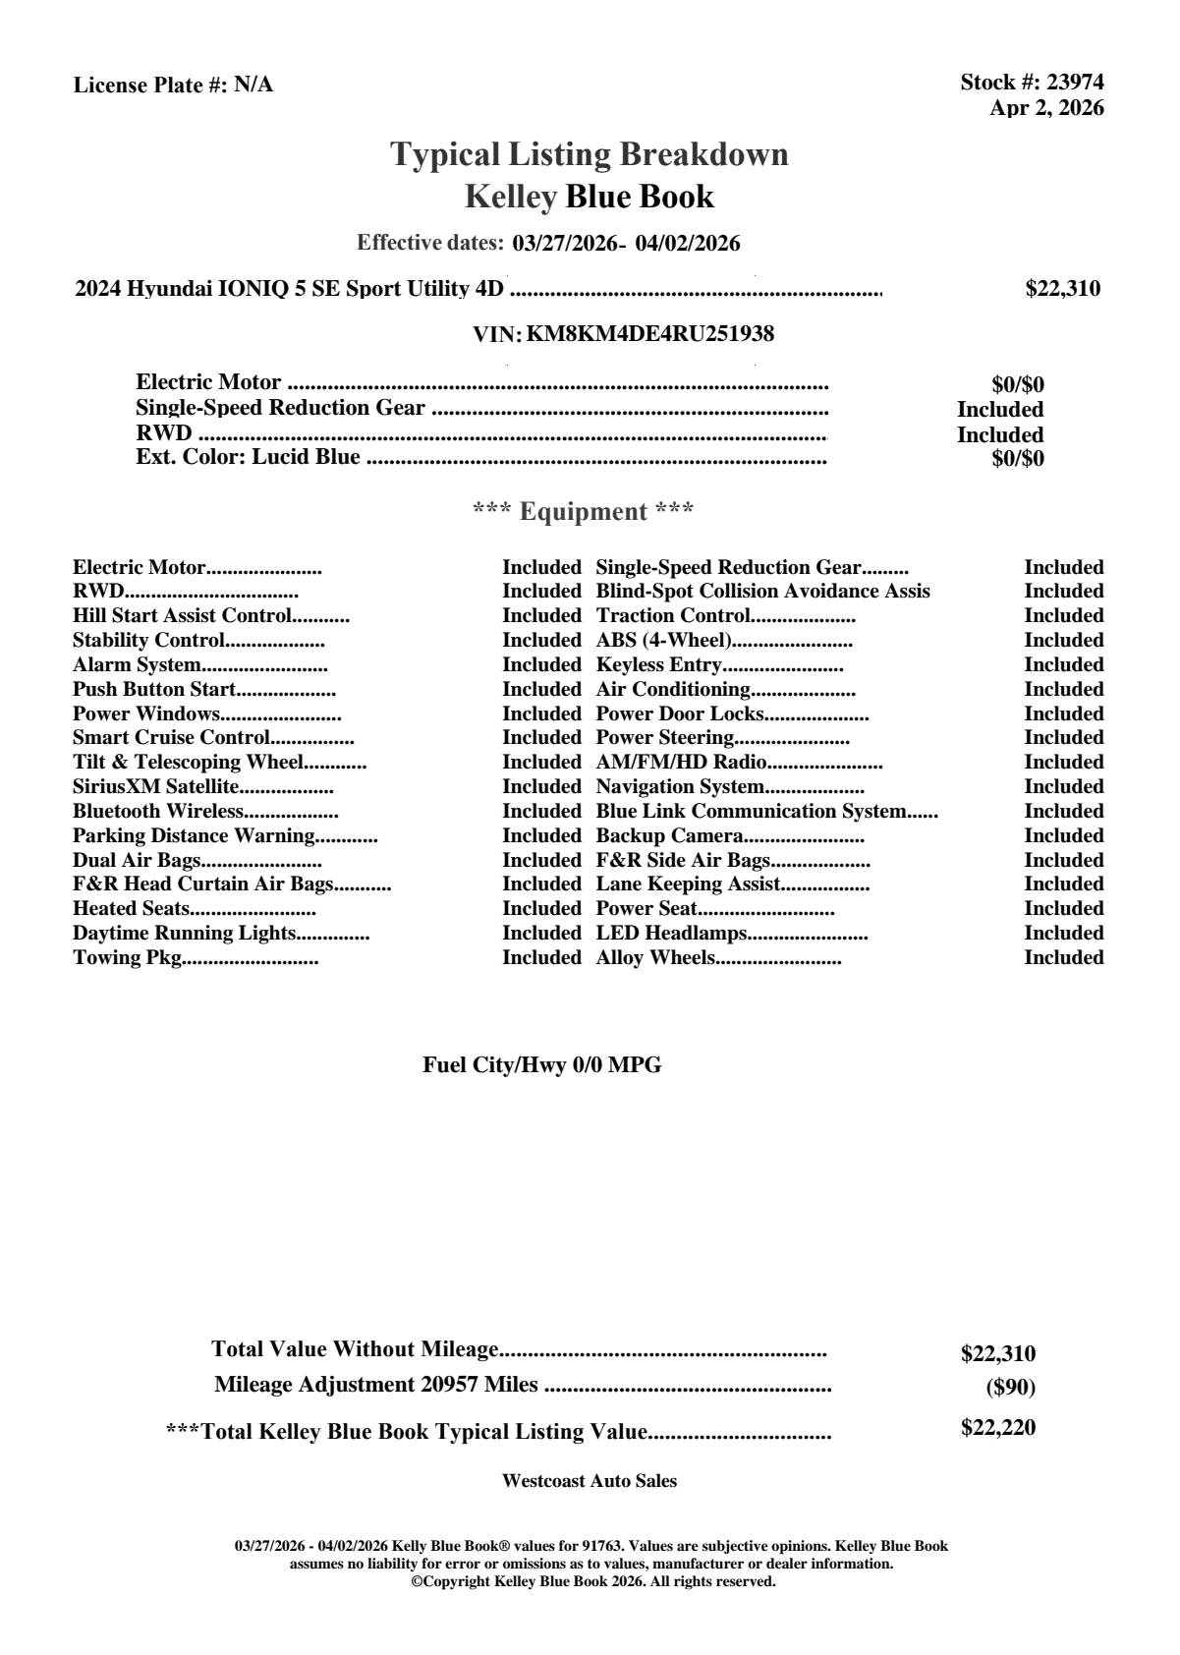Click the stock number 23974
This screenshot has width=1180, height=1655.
[x=1075, y=83]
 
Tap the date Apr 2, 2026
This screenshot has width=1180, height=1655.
[x=1046, y=108]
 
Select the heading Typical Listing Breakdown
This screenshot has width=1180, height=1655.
[x=590, y=154]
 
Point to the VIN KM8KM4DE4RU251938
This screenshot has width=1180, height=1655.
[x=649, y=334]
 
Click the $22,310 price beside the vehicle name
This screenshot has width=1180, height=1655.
[x=1062, y=289]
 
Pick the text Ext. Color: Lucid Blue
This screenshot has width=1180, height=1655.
[x=248, y=457]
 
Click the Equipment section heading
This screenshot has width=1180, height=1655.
[x=584, y=511]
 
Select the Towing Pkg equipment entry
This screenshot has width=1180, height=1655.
[x=128, y=957]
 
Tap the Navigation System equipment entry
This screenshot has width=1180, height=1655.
[x=680, y=786]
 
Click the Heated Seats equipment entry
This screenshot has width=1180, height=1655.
[x=132, y=908]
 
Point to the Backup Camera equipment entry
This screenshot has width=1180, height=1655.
[x=669, y=835]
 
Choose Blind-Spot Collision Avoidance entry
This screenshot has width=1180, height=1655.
[x=762, y=591]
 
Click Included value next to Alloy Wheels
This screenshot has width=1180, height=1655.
[x=1063, y=957]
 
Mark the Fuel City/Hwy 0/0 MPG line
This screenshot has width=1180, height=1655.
[x=541, y=1065]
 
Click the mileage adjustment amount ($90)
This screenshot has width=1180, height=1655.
[x=1010, y=1388]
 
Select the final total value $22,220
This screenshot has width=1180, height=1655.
[x=997, y=1428]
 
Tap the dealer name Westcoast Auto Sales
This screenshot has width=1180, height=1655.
[x=589, y=1481]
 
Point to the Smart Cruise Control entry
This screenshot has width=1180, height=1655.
[x=171, y=737]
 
